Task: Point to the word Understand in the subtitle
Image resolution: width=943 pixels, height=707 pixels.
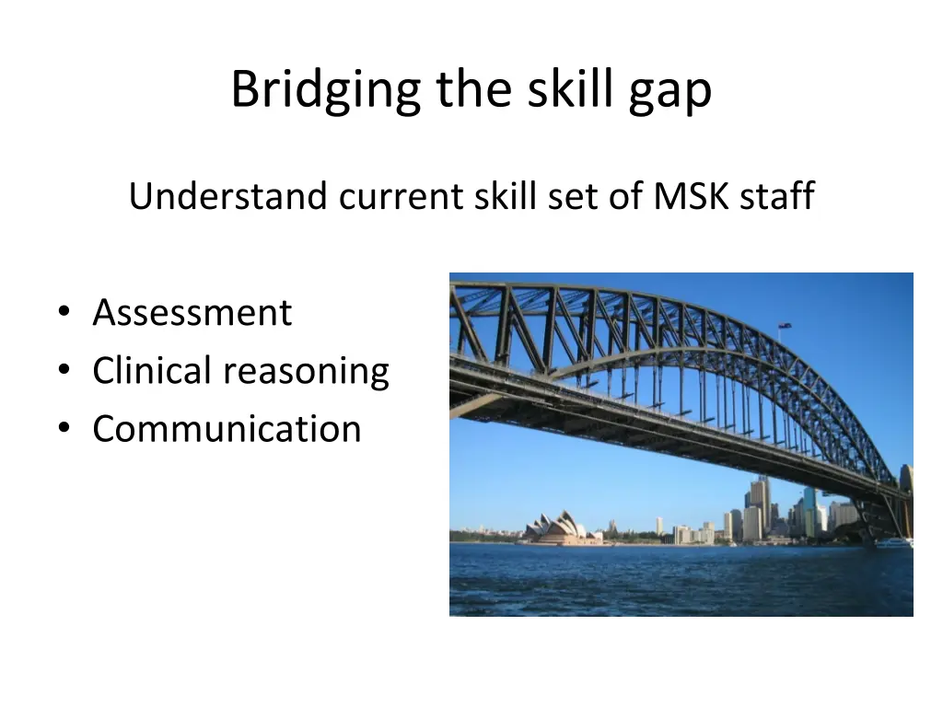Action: [227, 197]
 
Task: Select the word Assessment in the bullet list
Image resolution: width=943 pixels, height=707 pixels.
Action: [192, 313]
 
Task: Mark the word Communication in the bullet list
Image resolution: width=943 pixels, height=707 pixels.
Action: [227, 429]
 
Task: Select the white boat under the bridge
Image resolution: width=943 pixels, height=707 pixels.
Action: [893, 543]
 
